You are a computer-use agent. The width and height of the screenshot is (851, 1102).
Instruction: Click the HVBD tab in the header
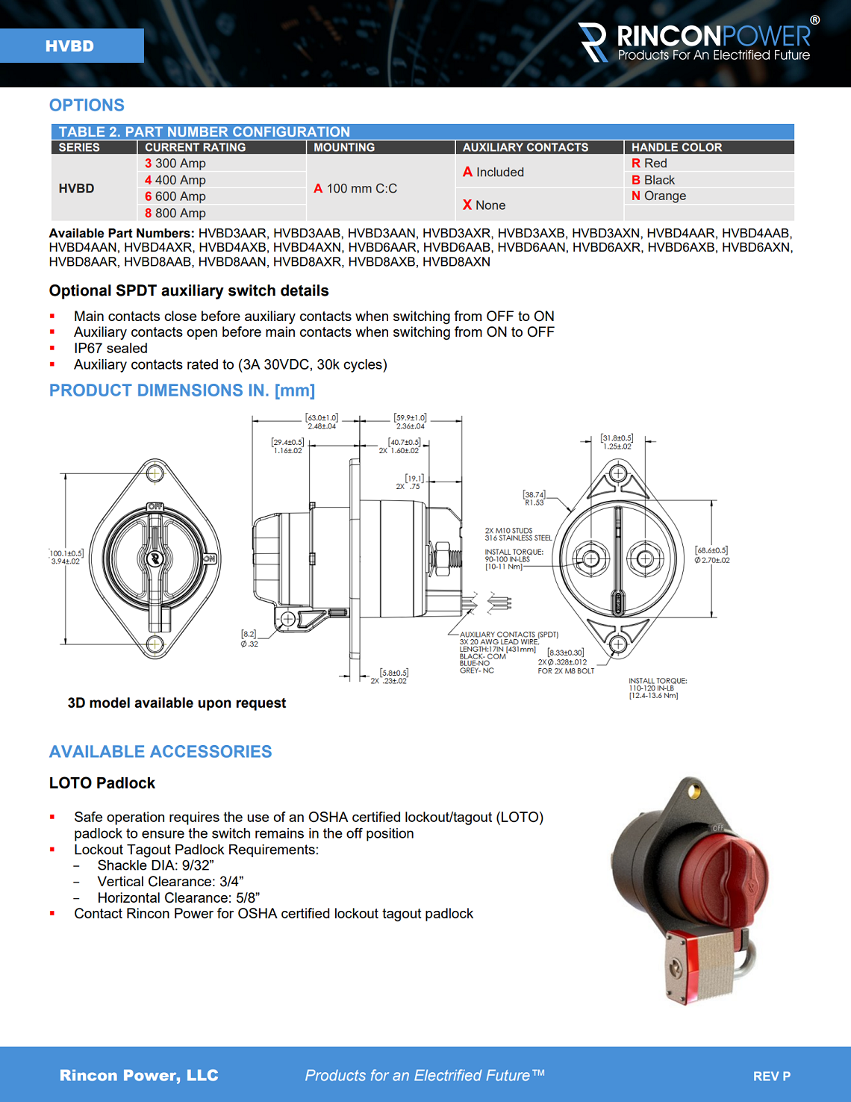(x=71, y=46)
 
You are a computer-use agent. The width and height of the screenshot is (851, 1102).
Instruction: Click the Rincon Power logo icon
(x=594, y=42)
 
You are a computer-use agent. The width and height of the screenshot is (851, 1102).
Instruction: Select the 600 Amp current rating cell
(x=176, y=196)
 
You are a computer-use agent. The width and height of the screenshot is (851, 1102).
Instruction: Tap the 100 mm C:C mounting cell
(x=356, y=188)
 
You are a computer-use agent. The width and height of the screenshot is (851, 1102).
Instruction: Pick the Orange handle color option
(x=659, y=196)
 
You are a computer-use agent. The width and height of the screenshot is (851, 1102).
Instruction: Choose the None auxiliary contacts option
(x=484, y=205)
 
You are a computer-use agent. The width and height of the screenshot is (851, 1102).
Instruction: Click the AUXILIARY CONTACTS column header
(x=526, y=147)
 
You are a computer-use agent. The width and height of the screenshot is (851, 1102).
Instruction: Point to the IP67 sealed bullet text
(x=110, y=349)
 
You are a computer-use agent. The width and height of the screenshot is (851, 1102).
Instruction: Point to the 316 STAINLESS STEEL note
(x=518, y=538)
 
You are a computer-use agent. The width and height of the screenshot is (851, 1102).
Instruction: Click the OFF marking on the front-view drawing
(x=155, y=507)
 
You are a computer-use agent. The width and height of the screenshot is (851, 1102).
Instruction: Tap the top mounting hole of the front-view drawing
(x=155, y=473)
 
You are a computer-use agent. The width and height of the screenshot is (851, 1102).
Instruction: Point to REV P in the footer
(x=771, y=1076)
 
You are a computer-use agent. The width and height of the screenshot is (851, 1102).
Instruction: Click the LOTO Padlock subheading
(x=102, y=783)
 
